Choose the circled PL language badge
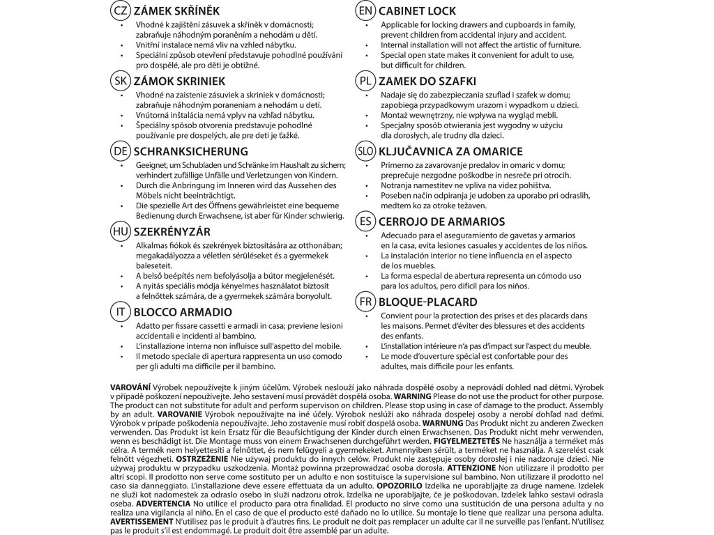click(363, 81)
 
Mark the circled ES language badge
click(363, 222)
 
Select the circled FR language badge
click(363, 302)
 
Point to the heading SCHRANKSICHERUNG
click(190, 151)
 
